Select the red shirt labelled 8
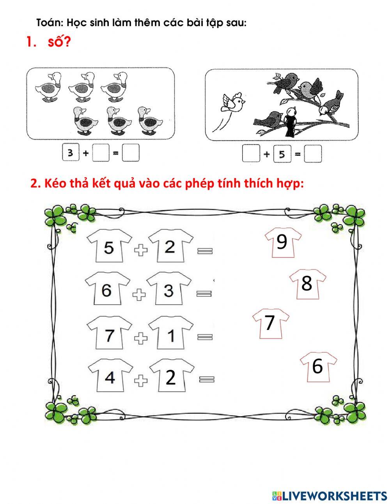pyautogui.click(x=307, y=283)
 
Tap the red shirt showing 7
pyautogui.click(x=271, y=323)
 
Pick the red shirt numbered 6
pyautogui.click(x=318, y=366)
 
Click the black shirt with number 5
pyautogui.click(x=109, y=247)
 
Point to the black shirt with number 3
pyautogui.click(x=168, y=290)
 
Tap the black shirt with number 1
pyautogui.click(x=170, y=335)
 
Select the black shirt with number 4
pyautogui.click(x=110, y=376)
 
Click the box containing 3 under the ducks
pyautogui.click(x=70, y=153)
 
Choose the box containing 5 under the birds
pyautogui.click(x=282, y=154)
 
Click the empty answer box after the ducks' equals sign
pyautogui.click(x=130, y=153)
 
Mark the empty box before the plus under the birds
pyautogui.click(x=250, y=154)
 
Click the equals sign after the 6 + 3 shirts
pyautogui.click(x=204, y=294)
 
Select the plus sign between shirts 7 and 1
pyautogui.click(x=140, y=337)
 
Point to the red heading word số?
pyautogui.click(x=59, y=42)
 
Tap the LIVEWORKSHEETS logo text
pyautogui.click(x=334, y=496)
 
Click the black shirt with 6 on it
pyautogui.click(x=107, y=289)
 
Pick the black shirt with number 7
pyautogui.click(x=109, y=334)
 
